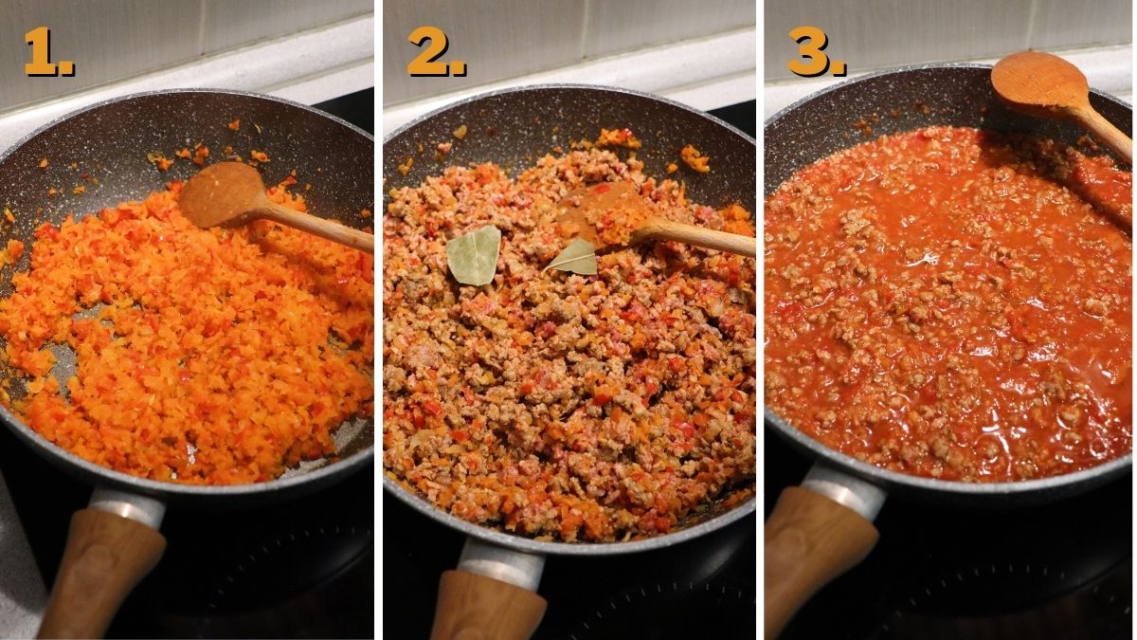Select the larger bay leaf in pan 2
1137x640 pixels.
(x=474, y=254)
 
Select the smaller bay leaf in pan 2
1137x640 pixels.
(x=575, y=257)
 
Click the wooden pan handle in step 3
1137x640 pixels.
(x=815, y=559)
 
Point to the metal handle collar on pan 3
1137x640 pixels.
(x=841, y=488)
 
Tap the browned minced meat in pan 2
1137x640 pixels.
(x=568, y=398)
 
